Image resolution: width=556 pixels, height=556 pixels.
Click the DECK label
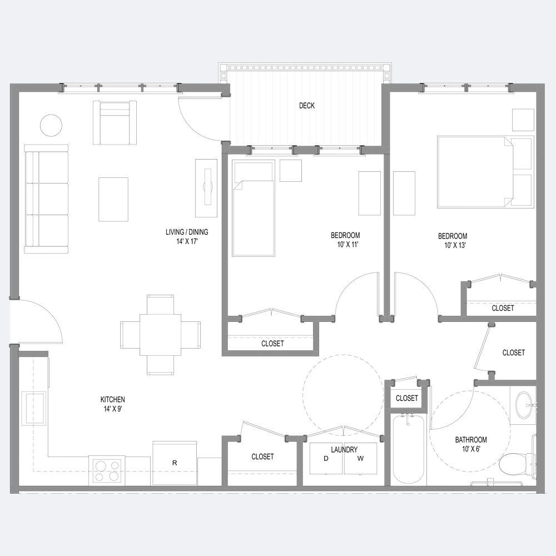click(307, 105)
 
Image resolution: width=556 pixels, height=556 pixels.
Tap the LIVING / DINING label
click(187, 232)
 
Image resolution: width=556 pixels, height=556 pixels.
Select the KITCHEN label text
click(113, 399)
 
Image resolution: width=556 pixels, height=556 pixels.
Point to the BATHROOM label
click(471, 440)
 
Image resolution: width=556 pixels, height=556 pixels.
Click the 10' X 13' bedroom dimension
click(455, 245)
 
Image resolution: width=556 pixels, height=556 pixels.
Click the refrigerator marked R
click(175, 463)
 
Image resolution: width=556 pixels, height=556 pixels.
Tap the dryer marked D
click(326, 458)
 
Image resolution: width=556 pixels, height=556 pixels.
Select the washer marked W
click(361, 458)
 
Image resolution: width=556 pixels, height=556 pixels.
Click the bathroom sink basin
click(525, 405)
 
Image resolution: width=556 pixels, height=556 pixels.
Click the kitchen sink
click(34, 409)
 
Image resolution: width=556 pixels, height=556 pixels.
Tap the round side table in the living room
click(51, 126)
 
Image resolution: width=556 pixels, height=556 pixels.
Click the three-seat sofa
click(46, 199)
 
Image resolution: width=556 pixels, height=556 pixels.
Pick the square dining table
click(160, 335)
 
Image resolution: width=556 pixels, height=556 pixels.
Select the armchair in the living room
click(115, 123)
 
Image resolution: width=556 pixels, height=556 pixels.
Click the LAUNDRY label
click(344, 450)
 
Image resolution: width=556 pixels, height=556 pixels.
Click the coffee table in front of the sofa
click(113, 200)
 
